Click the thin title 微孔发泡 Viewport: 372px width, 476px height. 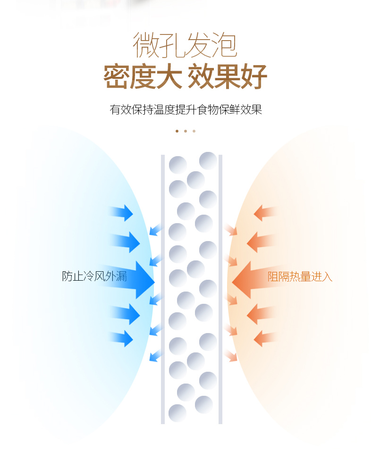(x=185, y=45)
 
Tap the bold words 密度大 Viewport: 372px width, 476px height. (x=143, y=76)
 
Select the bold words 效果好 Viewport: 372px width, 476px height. (x=228, y=76)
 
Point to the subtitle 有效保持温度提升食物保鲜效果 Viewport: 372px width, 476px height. (x=186, y=109)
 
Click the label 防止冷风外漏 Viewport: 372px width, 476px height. (x=94, y=276)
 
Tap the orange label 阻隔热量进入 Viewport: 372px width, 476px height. (x=300, y=276)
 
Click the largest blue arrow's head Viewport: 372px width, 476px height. (x=145, y=280)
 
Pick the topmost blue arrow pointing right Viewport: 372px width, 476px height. (x=121, y=212)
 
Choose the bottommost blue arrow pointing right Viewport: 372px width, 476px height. (x=121, y=338)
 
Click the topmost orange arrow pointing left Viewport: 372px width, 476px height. (x=265, y=212)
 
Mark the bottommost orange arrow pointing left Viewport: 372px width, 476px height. (x=265, y=338)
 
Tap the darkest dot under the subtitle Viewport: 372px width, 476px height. (x=177, y=131)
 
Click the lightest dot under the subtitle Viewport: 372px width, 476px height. (x=194, y=131)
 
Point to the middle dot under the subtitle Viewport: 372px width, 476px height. (x=186, y=131)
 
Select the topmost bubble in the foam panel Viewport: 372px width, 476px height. (x=208, y=160)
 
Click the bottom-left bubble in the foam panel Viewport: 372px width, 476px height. (x=178, y=413)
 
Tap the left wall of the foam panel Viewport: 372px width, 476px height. (x=163, y=289)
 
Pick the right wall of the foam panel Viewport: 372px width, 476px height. (x=220, y=289)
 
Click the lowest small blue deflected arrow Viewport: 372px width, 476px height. (x=155, y=356)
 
